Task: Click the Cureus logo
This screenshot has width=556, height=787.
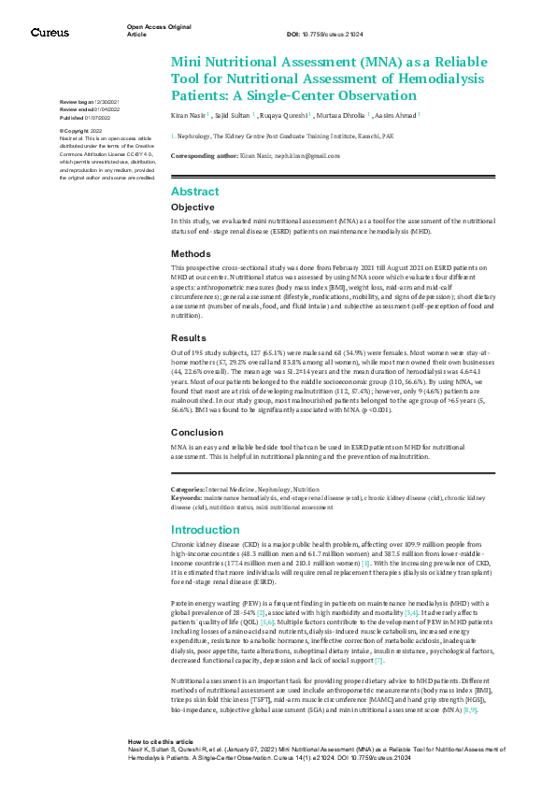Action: click(49, 33)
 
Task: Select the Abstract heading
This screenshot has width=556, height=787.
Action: click(194, 191)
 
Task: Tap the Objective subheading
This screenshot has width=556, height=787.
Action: click(192, 207)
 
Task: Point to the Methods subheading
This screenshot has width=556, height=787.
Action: click(191, 253)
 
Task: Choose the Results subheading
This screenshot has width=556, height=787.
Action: click(190, 337)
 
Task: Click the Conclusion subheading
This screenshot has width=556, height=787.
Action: click(196, 433)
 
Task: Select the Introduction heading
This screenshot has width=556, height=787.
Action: click(206, 529)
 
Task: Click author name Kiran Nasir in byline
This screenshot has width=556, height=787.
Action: click(188, 116)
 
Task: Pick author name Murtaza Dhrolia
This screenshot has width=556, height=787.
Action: click(344, 116)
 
